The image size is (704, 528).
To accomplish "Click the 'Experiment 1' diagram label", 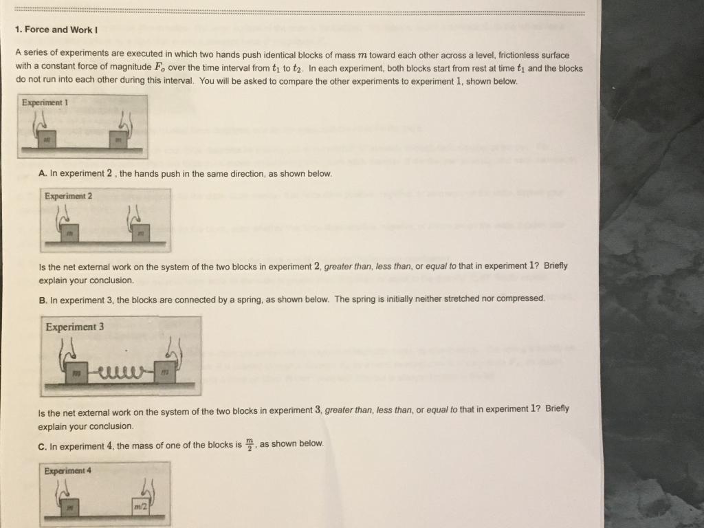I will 45,102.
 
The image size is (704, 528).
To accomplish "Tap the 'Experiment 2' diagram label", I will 68,196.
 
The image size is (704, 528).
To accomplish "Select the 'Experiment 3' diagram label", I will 74,327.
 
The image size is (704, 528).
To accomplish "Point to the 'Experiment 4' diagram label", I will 67,471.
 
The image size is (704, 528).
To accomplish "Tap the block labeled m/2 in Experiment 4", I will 142,507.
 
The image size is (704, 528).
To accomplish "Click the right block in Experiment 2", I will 140,234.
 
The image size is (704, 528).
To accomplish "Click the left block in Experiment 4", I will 69,507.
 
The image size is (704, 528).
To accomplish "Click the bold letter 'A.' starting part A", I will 43,174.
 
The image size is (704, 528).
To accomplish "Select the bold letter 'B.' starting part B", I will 43,298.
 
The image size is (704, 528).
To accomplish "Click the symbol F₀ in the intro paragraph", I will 162,68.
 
